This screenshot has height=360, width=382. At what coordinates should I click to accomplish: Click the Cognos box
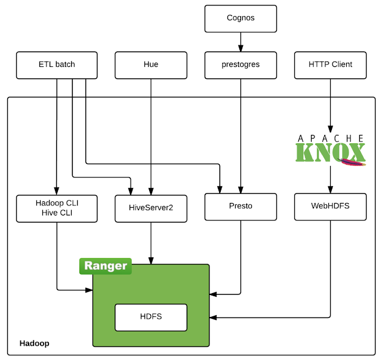(241, 19)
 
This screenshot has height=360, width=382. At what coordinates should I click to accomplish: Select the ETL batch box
(57, 64)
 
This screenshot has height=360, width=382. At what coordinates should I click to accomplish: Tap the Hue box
(151, 64)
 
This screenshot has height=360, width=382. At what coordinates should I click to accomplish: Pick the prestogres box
(241, 64)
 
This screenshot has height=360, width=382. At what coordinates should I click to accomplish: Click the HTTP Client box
(330, 64)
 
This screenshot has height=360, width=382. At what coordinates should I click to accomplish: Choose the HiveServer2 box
(151, 209)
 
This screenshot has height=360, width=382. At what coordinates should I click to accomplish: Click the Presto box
(241, 206)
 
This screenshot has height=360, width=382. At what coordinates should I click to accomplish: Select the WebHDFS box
(330, 206)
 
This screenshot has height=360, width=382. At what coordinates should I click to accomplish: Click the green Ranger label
(106, 266)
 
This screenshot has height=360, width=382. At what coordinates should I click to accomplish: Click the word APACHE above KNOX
(330, 138)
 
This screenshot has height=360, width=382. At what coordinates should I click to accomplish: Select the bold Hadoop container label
(35, 343)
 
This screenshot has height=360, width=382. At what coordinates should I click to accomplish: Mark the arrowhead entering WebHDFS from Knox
(330, 190)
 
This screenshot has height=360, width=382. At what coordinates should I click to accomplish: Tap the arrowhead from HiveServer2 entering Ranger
(151, 260)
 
